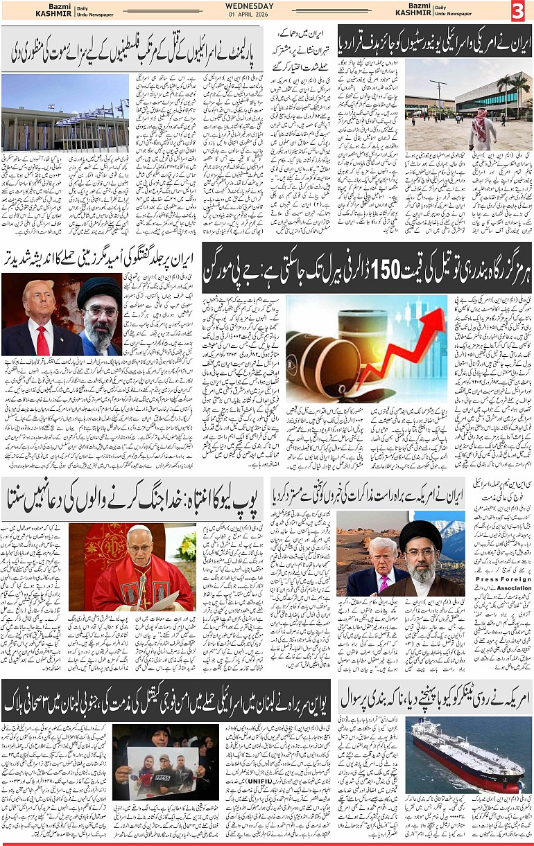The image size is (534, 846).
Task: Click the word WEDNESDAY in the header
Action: (250, 6)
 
